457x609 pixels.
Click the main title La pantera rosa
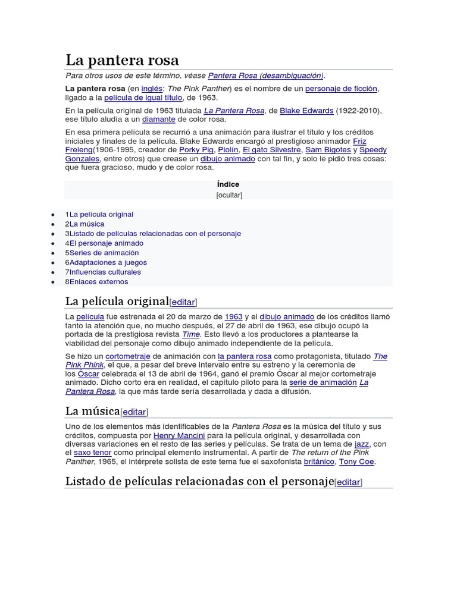(x=122, y=60)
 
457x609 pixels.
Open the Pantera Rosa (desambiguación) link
(x=265, y=76)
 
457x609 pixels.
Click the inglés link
(x=151, y=89)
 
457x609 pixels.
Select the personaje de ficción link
(x=342, y=89)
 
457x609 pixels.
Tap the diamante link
(x=159, y=120)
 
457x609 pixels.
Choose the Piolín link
(x=228, y=150)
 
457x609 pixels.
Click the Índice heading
(x=228, y=184)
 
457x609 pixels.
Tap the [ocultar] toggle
(x=228, y=194)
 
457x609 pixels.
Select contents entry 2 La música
(x=87, y=224)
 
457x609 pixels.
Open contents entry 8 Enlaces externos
(x=99, y=282)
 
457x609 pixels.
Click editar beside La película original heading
(x=183, y=302)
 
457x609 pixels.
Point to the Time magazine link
(x=190, y=334)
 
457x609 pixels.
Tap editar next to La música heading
(x=134, y=412)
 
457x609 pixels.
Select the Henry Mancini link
(x=179, y=435)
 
